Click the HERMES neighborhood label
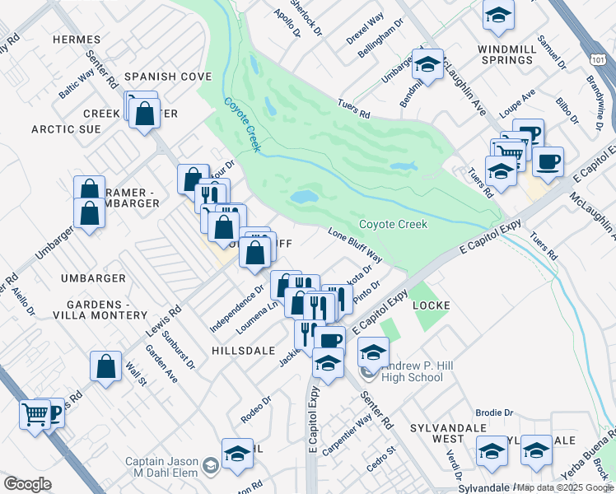[x=76, y=40]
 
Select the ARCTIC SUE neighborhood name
[x=66, y=129]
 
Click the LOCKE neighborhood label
[x=432, y=305]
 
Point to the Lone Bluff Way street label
[x=356, y=244]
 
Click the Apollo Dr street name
[x=288, y=25]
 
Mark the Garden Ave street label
[x=161, y=363]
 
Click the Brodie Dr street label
[x=494, y=412]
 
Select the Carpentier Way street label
[x=347, y=436]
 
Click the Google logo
[x=27, y=484]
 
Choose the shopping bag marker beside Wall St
[x=107, y=367]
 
